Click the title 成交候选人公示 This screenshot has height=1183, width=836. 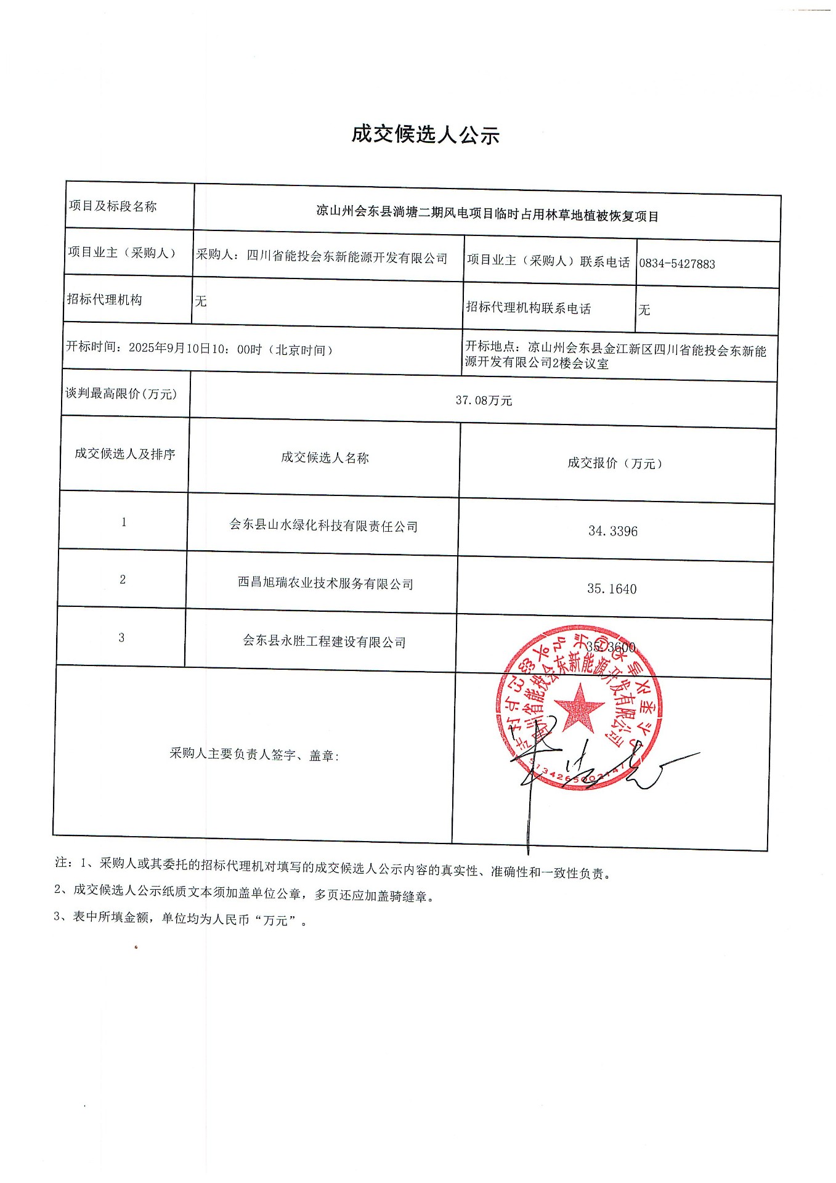point(425,134)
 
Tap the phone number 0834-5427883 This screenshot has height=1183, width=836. point(676,264)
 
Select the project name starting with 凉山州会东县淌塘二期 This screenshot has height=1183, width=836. point(487,214)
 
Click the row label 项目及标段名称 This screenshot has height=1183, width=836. point(113,206)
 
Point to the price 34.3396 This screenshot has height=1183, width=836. point(613,531)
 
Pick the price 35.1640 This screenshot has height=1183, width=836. point(612,589)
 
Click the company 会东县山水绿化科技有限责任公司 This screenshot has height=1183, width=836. point(323,526)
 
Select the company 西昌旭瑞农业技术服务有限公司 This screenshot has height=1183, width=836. point(325,583)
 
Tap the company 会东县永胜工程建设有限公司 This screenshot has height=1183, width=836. point(324,641)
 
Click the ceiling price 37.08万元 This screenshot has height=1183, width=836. point(484,400)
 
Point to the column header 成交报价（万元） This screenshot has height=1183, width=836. point(614,463)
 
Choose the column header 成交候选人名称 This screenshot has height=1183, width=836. point(325,458)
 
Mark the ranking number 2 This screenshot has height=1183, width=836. point(123,580)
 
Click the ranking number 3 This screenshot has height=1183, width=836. point(121,638)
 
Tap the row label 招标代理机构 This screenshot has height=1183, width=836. point(105,299)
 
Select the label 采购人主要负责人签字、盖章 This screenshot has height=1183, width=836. point(254,754)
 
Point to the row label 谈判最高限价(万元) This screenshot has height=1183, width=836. point(121,394)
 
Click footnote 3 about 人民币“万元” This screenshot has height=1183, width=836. point(180,918)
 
